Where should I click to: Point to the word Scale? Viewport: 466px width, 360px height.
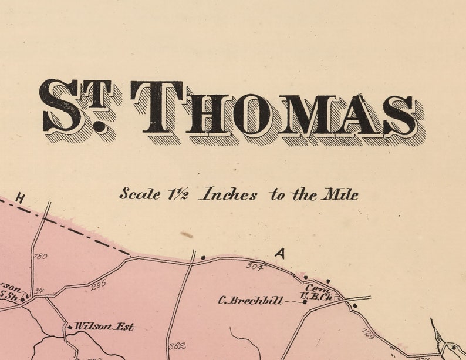139,194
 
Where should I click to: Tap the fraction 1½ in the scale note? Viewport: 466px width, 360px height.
179,193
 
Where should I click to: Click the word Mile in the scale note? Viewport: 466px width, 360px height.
339,194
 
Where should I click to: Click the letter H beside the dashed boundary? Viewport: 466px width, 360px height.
20,199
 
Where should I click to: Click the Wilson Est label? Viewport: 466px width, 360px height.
104,327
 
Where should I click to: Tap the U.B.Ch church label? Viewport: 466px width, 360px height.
317,298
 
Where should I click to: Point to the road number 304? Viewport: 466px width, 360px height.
254,266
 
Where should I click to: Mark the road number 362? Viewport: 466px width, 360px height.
177,346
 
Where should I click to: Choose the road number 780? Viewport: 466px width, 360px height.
40,257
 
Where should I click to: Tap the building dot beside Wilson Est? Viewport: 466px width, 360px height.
70,327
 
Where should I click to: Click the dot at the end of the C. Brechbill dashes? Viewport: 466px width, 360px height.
305,302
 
